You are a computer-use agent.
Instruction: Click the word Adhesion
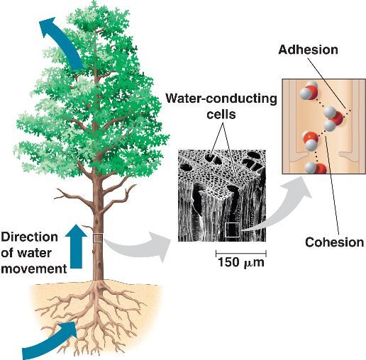309,50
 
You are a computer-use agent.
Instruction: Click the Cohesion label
334,242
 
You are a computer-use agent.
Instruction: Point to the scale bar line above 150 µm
241,252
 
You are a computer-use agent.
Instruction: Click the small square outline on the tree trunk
98,238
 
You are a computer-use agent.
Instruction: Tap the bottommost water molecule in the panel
314,169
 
